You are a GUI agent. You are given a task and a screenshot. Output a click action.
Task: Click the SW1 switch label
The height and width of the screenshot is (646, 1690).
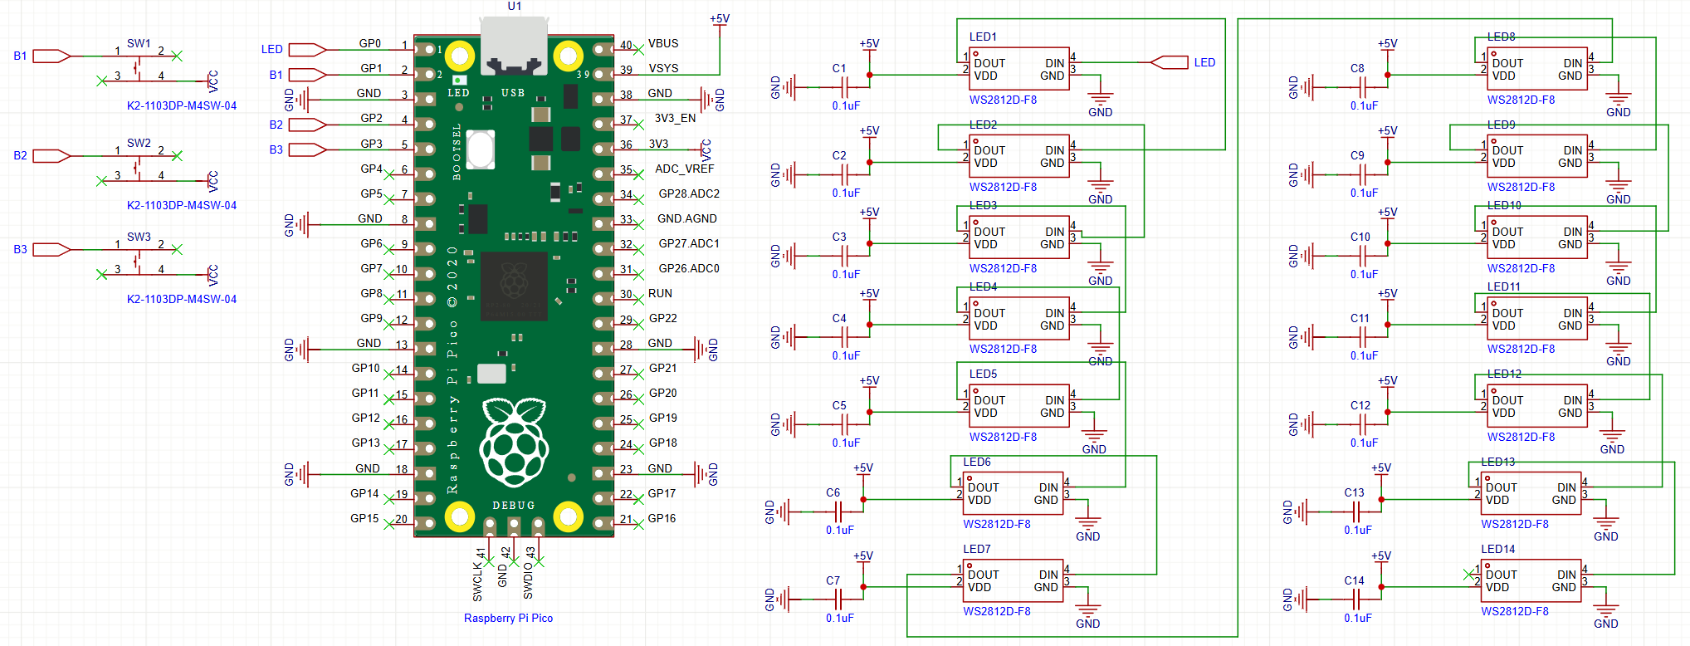[x=139, y=43]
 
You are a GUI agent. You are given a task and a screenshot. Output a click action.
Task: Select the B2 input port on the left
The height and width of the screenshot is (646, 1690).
[x=50, y=155]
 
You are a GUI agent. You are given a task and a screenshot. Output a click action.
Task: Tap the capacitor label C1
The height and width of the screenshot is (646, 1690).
[x=839, y=69]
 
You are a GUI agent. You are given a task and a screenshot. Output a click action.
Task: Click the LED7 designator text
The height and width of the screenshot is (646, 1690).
[x=976, y=549]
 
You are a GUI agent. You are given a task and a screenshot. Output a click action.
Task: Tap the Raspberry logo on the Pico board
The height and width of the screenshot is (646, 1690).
[x=514, y=441]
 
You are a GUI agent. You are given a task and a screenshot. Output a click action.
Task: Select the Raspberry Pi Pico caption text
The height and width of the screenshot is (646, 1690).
[x=508, y=618]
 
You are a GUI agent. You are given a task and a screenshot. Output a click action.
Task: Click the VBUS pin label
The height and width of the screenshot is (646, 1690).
[x=663, y=43]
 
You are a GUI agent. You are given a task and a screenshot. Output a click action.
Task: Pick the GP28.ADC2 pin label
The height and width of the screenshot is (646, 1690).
[x=689, y=193]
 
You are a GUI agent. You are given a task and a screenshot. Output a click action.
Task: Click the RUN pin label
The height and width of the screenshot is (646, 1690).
[x=660, y=293]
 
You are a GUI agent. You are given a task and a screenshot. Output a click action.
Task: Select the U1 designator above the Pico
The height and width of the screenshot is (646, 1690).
[x=515, y=6]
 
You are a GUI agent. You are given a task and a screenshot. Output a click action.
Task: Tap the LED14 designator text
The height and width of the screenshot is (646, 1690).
[x=1497, y=549]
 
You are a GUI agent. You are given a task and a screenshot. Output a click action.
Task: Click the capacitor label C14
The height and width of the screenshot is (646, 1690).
[x=1354, y=580]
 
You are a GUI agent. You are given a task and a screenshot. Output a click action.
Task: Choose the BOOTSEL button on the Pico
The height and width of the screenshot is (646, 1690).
[x=481, y=149]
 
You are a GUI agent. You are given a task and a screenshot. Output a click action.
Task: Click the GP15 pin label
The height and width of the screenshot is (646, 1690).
[x=364, y=518]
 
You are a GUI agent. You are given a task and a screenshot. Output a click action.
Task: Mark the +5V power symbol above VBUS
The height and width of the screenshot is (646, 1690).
[x=720, y=19]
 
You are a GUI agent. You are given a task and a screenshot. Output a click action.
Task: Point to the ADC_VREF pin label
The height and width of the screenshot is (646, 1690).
[x=684, y=169]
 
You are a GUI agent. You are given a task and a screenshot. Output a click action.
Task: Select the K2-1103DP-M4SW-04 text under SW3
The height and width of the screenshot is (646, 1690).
[x=182, y=299]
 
